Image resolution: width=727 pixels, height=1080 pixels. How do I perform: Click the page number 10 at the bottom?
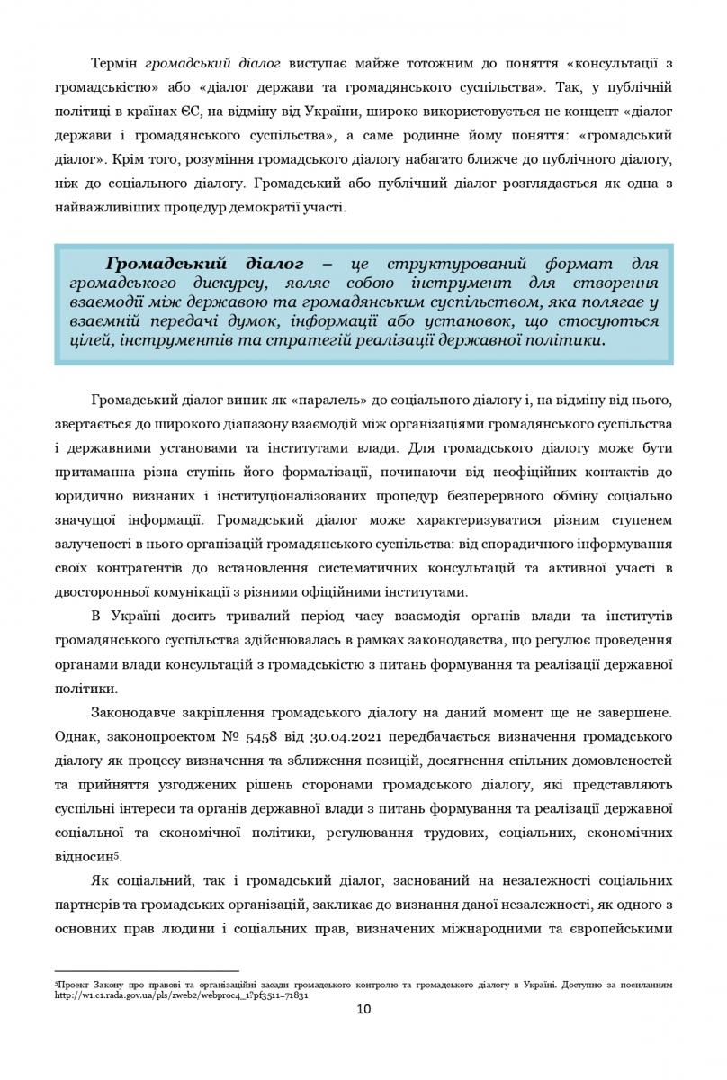click(x=363, y=1009)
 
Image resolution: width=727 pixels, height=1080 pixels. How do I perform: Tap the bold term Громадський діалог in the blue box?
click(x=204, y=265)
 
